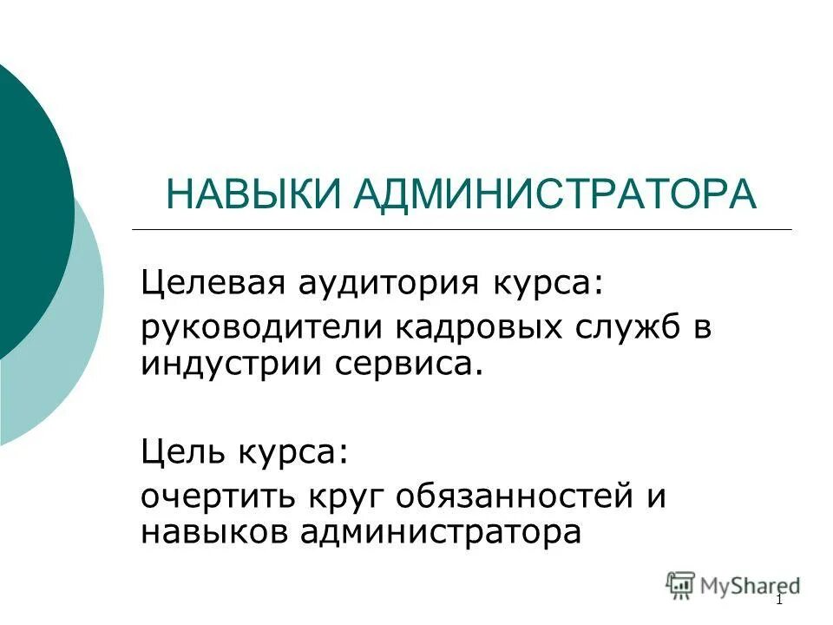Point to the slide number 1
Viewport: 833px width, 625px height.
(x=779, y=601)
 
